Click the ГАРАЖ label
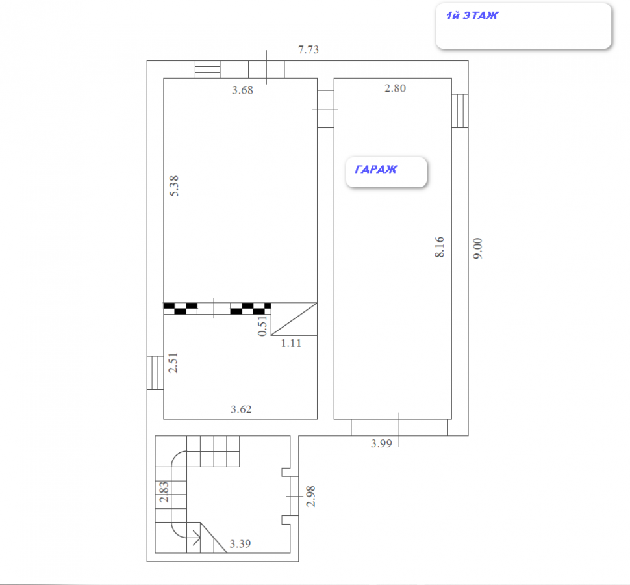[x=375, y=169]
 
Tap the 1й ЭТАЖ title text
[x=472, y=16]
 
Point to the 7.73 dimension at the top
[x=308, y=49]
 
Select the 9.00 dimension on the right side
[x=477, y=248]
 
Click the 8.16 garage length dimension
[x=440, y=247]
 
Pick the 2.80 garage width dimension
[x=395, y=88]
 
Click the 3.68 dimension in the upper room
[x=242, y=90]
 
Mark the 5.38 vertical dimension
[x=173, y=186]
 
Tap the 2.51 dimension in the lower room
[x=173, y=363]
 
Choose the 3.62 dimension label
[x=241, y=409]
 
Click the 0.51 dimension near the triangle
[x=262, y=326]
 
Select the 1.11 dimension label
[x=291, y=343]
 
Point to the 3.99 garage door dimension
[x=381, y=443]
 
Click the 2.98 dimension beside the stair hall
[x=310, y=496]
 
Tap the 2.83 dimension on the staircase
[x=164, y=491]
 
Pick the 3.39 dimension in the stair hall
[x=240, y=544]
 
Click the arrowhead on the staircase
[x=197, y=538]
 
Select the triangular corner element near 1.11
[x=294, y=319]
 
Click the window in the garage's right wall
[x=460, y=111]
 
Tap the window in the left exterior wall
[x=155, y=372]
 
